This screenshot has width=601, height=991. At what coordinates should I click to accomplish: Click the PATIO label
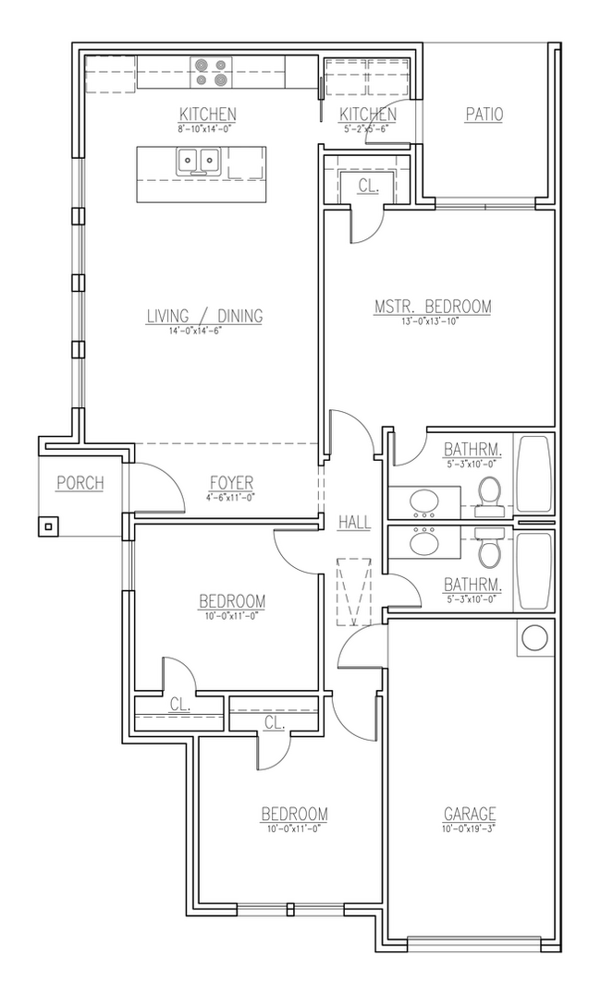(x=484, y=115)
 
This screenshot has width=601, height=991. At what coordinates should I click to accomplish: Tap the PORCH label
(x=80, y=483)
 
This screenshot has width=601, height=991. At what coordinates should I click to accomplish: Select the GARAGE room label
(x=470, y=814)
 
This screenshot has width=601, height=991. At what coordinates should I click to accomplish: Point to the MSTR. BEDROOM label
(x=432, y=307)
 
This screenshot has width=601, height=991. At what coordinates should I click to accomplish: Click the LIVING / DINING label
(x=204, y=316)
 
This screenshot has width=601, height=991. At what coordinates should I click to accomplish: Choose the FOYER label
(x=230, y=483)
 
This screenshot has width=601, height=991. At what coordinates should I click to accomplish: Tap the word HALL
(x=354, y=523)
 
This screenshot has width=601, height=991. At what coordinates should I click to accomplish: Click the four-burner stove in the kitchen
(x=211, y=72)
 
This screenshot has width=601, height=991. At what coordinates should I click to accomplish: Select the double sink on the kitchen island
(x=198, y=163)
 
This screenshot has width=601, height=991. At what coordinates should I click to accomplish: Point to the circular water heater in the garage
(x=534, y=638)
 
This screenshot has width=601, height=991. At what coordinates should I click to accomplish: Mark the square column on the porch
(x=48, y=526)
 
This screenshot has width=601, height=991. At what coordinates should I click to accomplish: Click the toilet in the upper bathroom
(x=488, y=493)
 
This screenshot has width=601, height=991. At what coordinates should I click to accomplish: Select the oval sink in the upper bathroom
(x=425, y=502)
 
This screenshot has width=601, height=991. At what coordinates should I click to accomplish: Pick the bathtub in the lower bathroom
(x=534, y=570)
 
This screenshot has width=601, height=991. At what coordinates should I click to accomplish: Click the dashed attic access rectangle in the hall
(x=354, y=590)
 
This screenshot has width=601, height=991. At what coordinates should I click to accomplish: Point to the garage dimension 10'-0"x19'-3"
(x=470, y=828)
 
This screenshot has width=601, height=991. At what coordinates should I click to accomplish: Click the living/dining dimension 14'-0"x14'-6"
(x=204, y=330)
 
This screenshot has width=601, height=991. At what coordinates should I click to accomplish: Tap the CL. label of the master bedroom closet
(x=367, y=185)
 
